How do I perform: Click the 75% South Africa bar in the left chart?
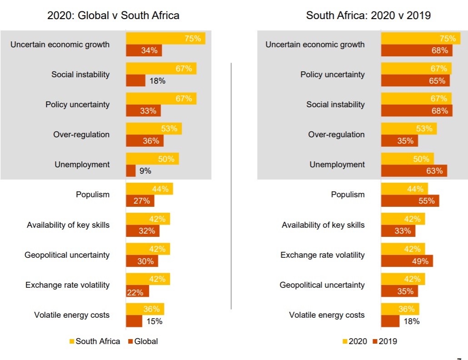coord(165,39)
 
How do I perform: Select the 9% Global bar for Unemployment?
coord(131,171)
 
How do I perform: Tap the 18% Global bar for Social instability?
coord(136,81)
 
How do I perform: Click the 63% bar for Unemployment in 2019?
coord(414,171)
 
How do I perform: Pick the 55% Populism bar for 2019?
coord(410,201)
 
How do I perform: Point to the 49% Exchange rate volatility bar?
coord(407,261)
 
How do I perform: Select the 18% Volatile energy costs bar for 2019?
coord(390,321)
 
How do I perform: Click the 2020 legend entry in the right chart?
coord(354,341)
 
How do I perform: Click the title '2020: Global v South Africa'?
coord(114,15)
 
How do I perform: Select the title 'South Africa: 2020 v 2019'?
coord(368,15)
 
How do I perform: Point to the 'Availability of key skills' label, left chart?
coord(68,225)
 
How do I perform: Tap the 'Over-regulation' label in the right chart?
coord(336,135)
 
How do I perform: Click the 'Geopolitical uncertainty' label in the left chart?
coord(67,255)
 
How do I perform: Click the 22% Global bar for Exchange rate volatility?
coord(137,291)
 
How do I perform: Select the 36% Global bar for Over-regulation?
coord(144,141)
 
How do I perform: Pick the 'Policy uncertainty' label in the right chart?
coord(332,75)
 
